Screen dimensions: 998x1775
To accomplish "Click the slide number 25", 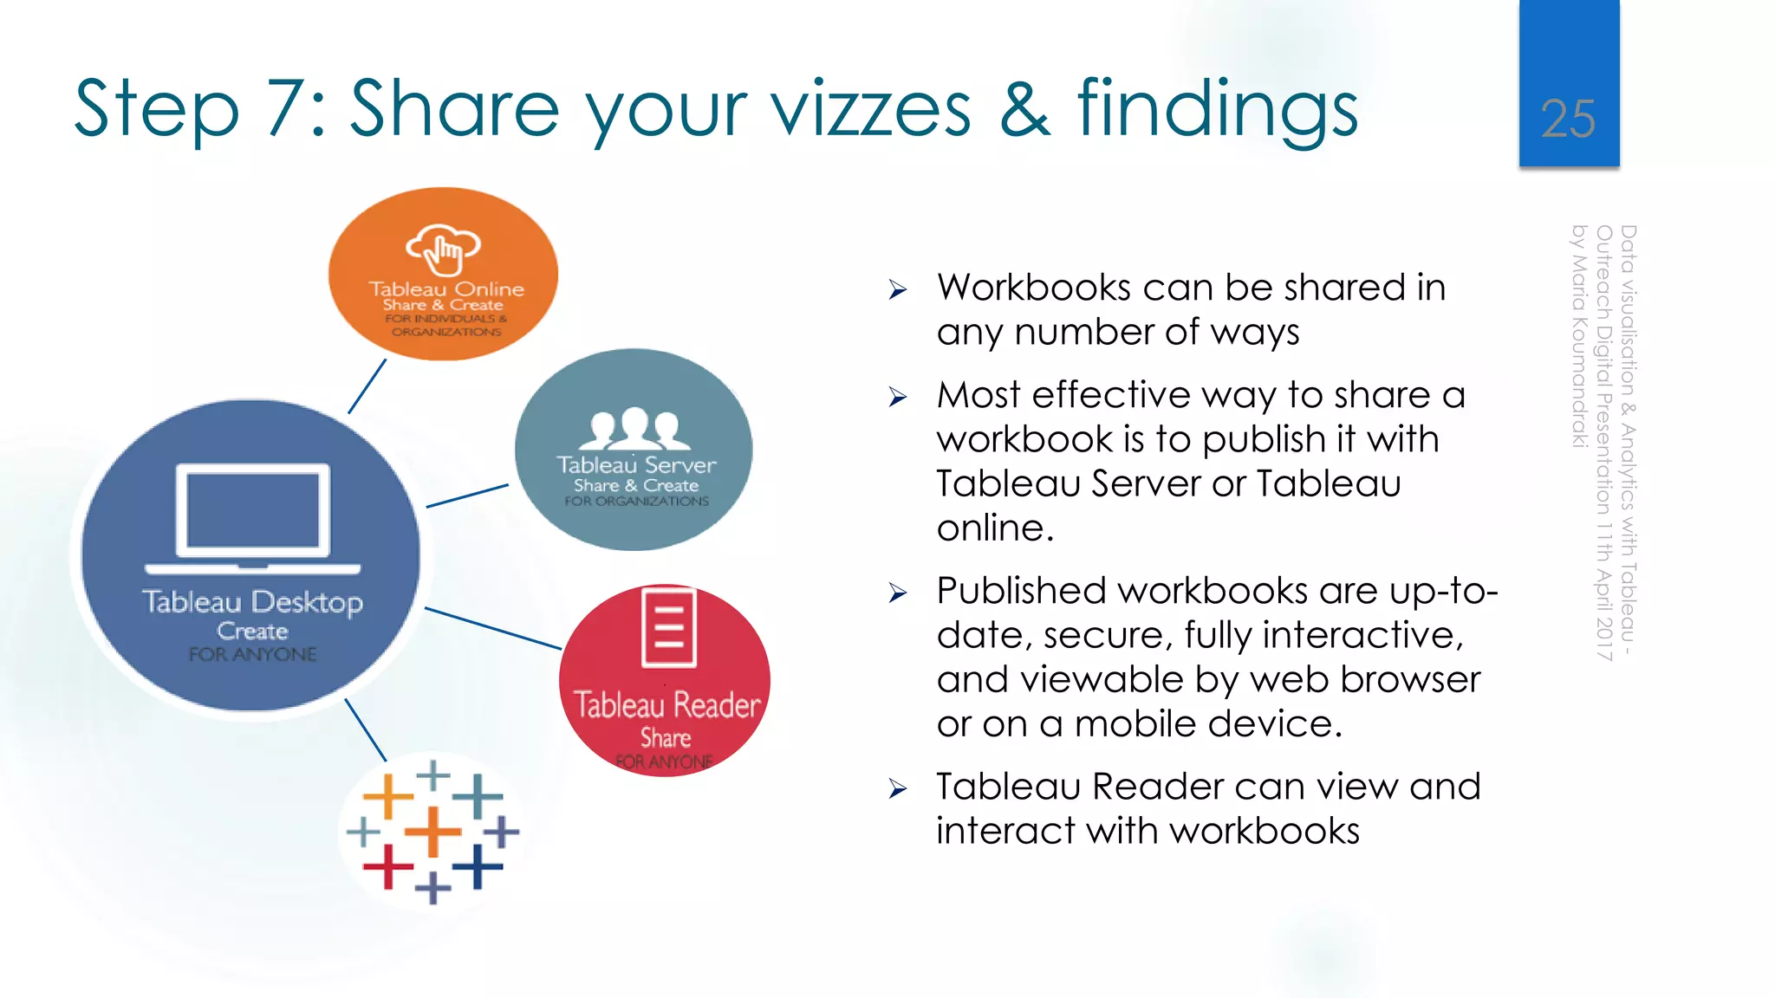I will (x=1568, y=119).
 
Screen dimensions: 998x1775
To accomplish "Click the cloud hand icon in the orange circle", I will (x=443, y=248).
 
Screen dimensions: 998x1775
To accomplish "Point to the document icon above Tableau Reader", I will (x=668, y=628).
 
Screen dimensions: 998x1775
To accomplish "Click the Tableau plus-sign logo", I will (x=432, y=832).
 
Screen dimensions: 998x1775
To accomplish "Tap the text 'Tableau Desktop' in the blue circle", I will (x=252, y=601).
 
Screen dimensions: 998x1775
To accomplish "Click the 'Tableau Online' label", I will (x=446, y=289).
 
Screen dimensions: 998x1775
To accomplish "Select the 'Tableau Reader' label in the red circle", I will (x=666, y=705).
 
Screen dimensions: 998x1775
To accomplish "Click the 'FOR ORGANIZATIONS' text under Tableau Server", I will (x=637, y=501).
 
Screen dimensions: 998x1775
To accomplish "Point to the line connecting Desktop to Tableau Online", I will (x=367, y=386).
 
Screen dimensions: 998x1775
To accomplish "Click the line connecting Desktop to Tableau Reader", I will (x=492, y=628).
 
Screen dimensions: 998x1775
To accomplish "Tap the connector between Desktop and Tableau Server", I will (x=467, y=496).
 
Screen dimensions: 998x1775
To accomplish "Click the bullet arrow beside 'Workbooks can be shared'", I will (x=897, y=290).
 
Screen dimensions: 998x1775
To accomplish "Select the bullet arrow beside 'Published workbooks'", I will (x=897, y=593).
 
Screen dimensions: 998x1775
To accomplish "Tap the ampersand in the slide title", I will (x=1024, y=109).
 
